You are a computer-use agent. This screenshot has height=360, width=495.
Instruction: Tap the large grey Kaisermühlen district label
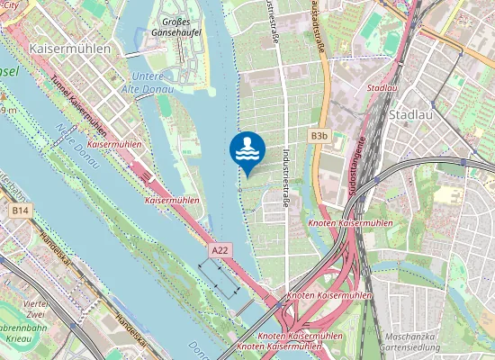(71, 47)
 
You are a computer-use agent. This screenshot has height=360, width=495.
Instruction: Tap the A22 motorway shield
(220, 249)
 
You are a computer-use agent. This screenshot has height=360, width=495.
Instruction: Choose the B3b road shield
(319, 136)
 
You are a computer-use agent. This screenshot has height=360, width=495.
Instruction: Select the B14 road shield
(20, 210)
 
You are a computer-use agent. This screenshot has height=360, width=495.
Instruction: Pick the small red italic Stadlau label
(382, 88)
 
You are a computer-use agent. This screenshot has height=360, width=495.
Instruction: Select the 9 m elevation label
(9, 109)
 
